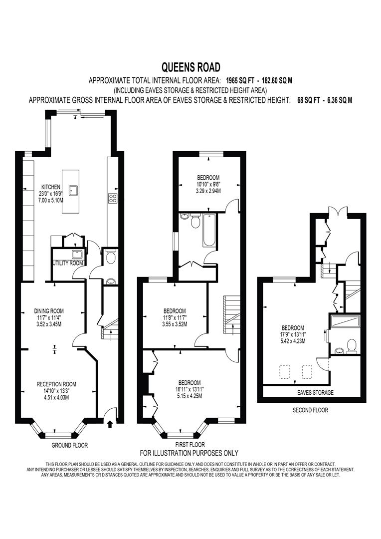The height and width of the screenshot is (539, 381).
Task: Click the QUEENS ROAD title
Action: pyautogui.click(x=190, y=67)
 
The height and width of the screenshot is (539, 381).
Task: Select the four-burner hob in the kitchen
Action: pyautogui.click(x=112, y=198)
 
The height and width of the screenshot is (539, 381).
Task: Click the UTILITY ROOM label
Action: pyautogui.click(x=68, y=264)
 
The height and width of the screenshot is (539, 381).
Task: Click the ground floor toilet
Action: pyautogui.click(x=110, y=257)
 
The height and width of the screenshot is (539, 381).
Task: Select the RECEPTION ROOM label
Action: pyautogui.click(x=56, y=384)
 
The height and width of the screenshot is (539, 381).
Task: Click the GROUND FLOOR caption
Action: pyautogui.click(x=70, y=445)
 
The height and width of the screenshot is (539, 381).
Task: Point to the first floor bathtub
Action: pyautogui.click(x=209, y=230)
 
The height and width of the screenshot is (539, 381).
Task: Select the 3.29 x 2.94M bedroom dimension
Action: pyautogui.click(x=208, y=190)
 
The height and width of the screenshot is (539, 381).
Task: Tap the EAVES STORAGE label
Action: pyautogui.click(x=315, y=393)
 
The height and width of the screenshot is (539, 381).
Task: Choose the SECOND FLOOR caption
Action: pyautogui.click(x=310, y=410)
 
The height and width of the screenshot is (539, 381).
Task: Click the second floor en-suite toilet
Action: pyautogui.click(x=351, y=346)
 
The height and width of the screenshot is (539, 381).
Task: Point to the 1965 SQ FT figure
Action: pyautogui.click(x=240, y=81)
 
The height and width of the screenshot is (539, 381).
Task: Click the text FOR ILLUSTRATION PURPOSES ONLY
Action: pyautogui.click(x=189, y=453)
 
